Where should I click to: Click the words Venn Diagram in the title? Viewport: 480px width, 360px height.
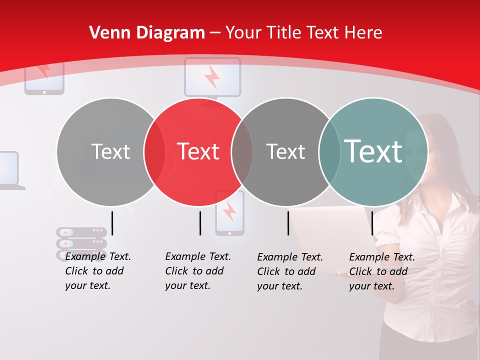click(147, 33)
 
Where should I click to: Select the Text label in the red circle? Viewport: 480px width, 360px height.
click(198, 151)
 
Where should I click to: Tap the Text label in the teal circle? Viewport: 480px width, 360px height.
click(373, 151)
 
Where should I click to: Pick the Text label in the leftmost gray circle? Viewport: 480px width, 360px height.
click(110, 151)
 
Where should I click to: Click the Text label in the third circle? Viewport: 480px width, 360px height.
click(285, 151)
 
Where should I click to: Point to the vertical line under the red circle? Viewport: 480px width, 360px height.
click(200, 223)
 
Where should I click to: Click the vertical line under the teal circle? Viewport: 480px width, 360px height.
click(372, 223)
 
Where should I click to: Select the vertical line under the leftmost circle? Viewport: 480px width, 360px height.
click(112, 223)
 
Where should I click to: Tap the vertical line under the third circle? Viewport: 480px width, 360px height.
click(288, 223)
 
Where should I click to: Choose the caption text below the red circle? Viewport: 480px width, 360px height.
click(197, 271)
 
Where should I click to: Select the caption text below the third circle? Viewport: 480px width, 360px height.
click(289, 271)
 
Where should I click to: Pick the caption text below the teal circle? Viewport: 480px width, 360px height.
click(381, 271)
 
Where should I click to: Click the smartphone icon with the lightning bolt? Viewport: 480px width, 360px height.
click(229, 213)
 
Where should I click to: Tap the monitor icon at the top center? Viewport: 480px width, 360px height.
click(212, 76)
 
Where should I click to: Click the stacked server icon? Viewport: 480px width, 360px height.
click(81, 242)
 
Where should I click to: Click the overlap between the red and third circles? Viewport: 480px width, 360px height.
click(242, 151)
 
